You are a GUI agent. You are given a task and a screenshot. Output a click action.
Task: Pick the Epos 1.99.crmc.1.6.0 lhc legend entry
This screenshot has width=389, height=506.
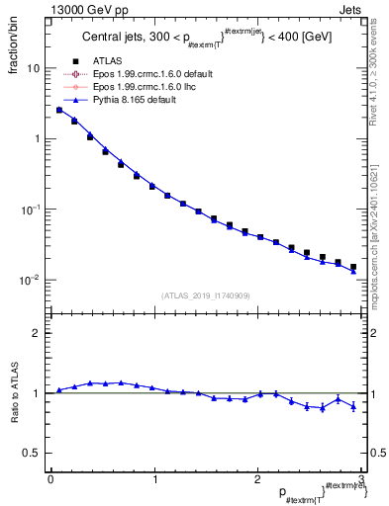click(130, 87)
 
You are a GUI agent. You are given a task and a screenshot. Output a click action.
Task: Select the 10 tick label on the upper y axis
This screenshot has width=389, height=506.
click(34, 69)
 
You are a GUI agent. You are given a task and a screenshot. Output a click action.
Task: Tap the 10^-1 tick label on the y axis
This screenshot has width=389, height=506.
click(32, 210)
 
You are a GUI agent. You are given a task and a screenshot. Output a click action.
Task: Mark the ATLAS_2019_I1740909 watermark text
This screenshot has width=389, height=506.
click(205, 295)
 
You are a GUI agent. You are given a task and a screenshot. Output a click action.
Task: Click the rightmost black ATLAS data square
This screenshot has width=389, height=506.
click(353, 267)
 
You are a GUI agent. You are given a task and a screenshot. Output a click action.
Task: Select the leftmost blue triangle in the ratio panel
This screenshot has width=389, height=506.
click(58, 390)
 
